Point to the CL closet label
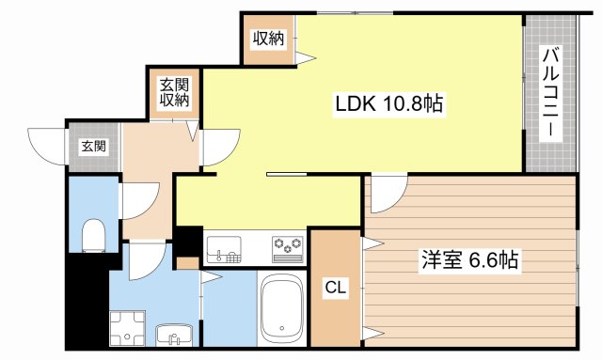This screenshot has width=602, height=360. pyautogui.click(x=335, y=288)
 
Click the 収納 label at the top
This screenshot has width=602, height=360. pyautogui.click(x=267, y=39)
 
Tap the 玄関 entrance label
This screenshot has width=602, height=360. pyautogui.click(x=93, y=146)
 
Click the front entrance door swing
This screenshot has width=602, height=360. pyautogui.click(x=47, y=146)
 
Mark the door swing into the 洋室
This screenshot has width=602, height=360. pyautogui.click(x=386, y=192)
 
